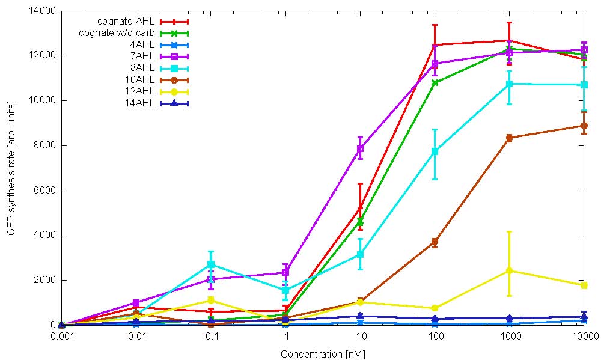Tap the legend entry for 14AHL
[x=141, y=103]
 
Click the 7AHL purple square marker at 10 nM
[x=360, y=148]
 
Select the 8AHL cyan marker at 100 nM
[x=435, y=151]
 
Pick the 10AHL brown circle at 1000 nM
[x=509, y=138]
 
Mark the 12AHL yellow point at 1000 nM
[x=509, y=270]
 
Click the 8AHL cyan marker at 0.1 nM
[x=211, y=264]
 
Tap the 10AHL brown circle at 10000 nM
[x=584, y=126]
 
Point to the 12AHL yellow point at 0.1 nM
[x=211, y=300]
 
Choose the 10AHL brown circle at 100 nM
[x=435, y=242]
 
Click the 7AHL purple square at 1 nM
[x=285, y=272]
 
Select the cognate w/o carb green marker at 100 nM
[x=435, y=82]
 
